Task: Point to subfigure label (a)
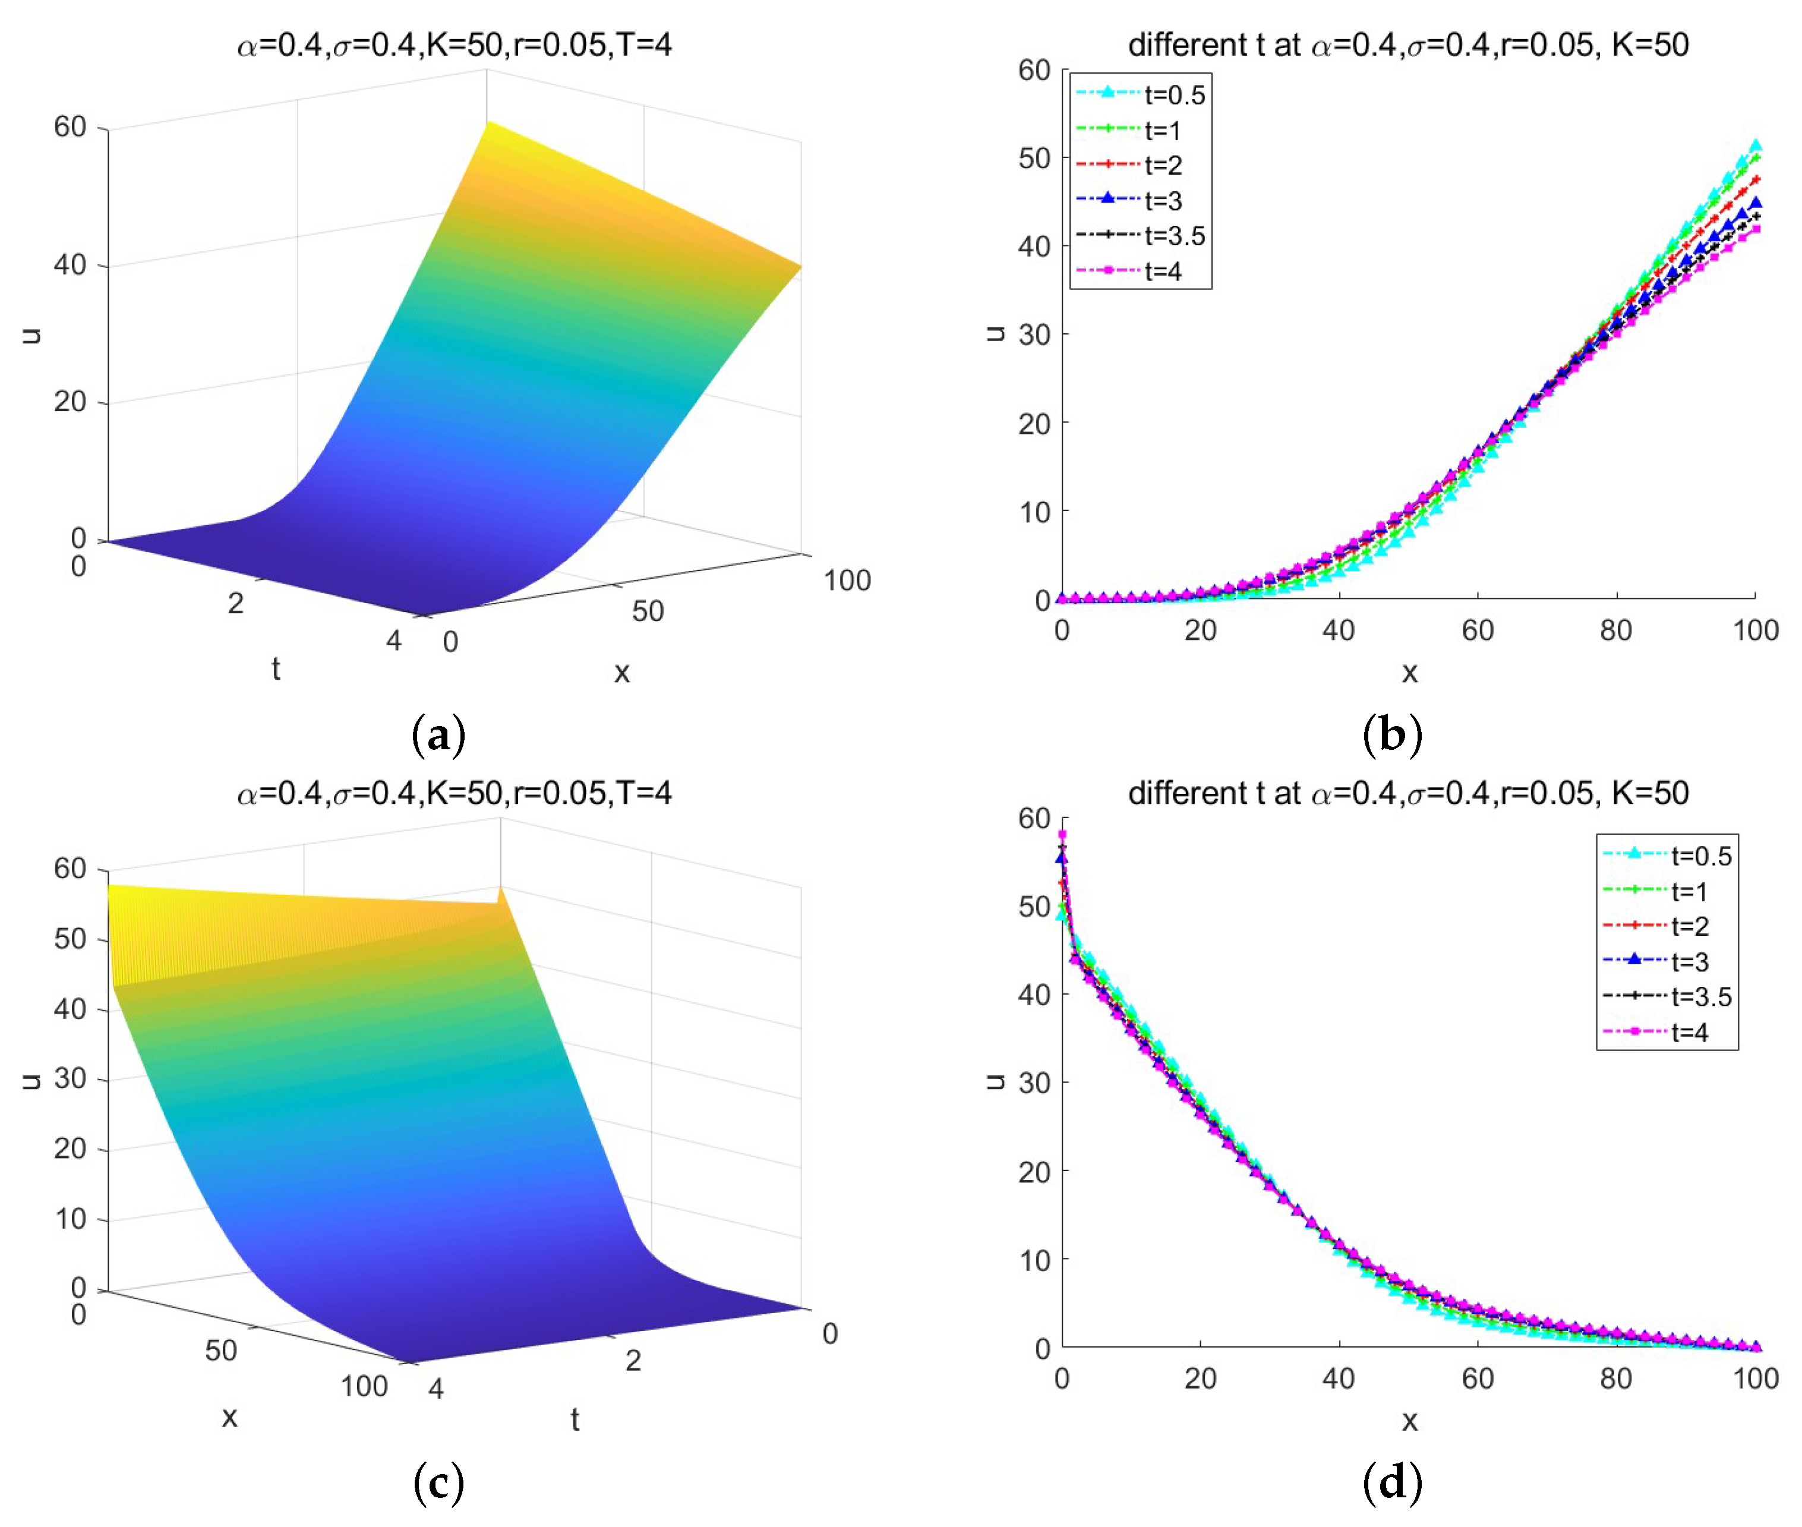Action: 439,735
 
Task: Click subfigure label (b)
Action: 1391,735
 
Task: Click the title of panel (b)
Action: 1408,44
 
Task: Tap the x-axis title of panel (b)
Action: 1409,672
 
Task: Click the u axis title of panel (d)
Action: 995,1081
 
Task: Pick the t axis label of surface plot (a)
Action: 275,668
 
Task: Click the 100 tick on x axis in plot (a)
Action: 847,580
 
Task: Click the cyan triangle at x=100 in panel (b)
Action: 1755,146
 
